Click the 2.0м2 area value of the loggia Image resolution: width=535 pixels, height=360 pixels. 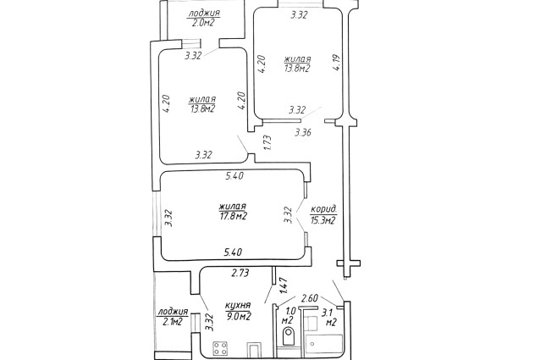(x=203, y=24)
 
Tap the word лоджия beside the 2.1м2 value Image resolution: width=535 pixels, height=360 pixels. (x=173, y=312)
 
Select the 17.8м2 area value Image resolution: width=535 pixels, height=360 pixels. (x=232, y=216)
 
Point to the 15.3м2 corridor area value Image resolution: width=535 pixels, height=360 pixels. (x=323, y=221)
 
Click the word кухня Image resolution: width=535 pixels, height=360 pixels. (x=237, y=306)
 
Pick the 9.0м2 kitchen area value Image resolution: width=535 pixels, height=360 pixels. (x=238, y=317)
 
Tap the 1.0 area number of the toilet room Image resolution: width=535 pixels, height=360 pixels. (x=288, y=310)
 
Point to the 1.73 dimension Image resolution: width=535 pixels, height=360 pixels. (x=267, y=142)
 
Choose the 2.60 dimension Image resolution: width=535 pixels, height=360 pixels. (x=311, y=297)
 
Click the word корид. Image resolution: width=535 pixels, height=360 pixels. (x=325, y=209)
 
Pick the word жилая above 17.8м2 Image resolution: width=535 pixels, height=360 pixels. (x=232, y=205)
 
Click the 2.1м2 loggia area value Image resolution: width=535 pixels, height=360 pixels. (x=172, y=322)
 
